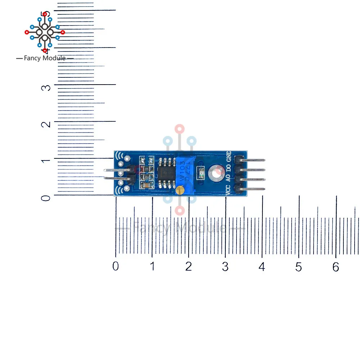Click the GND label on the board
tap(228, 157)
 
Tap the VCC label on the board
tap(228, 190)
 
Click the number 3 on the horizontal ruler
tap(225, 267)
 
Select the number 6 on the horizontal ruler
tap(336, 267)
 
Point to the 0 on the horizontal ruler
tap(115, 266)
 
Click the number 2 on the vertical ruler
tap(45, 124)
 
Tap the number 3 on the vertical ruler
tap(45, 87)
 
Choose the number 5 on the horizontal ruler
tap(298, 267)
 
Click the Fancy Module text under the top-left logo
tap(45, 58)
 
